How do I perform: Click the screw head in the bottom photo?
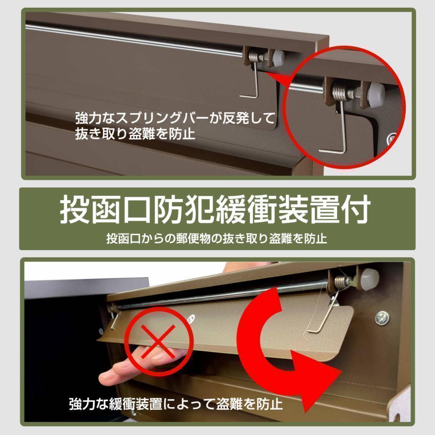382,318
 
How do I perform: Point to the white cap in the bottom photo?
369,279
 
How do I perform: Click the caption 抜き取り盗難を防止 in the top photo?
135,133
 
